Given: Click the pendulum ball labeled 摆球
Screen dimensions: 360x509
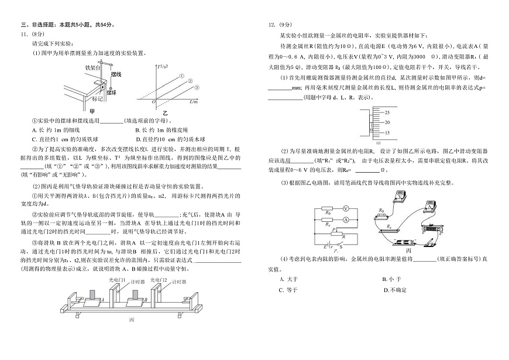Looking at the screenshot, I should pyautogui.click(x=109, y=90).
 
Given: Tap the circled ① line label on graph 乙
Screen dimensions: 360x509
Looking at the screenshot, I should pyautogui.click(x=182, y=76).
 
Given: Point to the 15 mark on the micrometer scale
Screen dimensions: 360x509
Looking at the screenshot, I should pyautogui.click(x=387, y=133).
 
